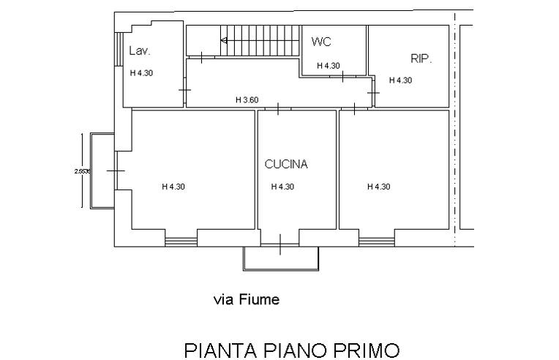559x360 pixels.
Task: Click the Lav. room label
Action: click(139, 51)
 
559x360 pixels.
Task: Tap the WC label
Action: click(321, 42)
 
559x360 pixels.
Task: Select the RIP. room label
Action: click(421, 58)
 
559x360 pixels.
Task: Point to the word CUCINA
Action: click(286, 165)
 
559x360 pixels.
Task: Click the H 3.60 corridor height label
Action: click(247, 100)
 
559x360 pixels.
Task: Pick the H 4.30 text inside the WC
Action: click(328, 66)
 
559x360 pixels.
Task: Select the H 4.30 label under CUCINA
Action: click(282, 187)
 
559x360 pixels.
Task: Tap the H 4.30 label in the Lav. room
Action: click(142, 73)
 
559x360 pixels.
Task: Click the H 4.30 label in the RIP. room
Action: click(400, 80)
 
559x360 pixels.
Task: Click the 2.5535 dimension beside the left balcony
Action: click(83, 171)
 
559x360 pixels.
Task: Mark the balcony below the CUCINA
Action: click(281, 258)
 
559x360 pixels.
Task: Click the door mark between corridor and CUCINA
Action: click(279, 108)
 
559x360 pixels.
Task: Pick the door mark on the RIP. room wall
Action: click(374, 92)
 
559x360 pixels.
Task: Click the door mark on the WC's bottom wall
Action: click(341, 76)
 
